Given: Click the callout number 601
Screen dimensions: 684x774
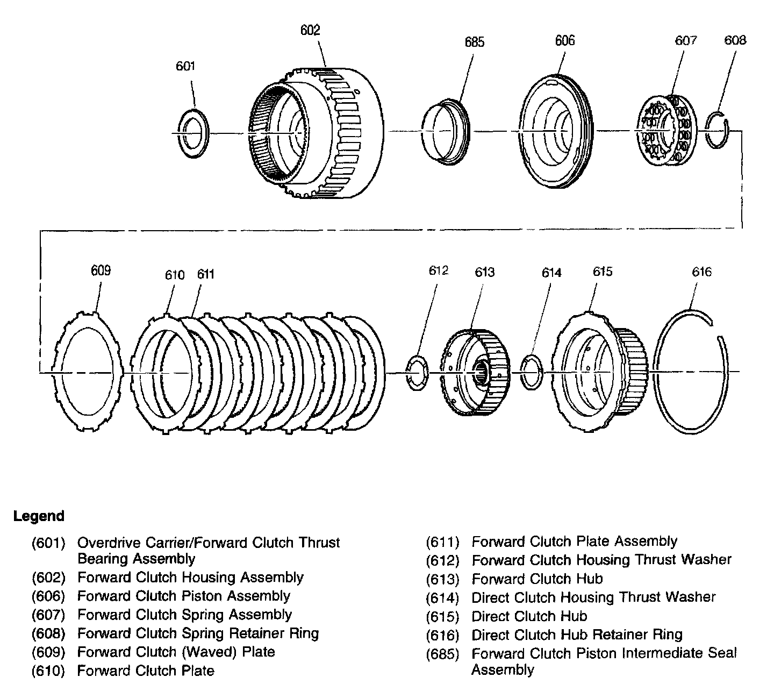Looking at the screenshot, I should pyautogui.click(x=185, y=66).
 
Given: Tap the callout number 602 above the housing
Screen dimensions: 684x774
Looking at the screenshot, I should pyautogui.click(x=310, y=30).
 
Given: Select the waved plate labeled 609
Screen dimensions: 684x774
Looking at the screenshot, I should pyautogui.click(x=89, y=372).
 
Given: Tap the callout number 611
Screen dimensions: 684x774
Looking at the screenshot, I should pyautogui.click(x=205, y=274).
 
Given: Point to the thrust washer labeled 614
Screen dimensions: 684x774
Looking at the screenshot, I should pyautogui.click(x=532, y=372).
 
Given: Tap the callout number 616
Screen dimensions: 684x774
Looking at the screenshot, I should pyautogui.click(x=701, y=272).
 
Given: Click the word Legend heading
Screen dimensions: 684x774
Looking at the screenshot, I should pyautogui.click(x=39, y=516).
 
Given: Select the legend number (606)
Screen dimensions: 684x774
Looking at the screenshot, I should pyautogui.click(x=48, y=596).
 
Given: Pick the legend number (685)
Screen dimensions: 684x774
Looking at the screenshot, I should pyautogui.click(x=442, y=654).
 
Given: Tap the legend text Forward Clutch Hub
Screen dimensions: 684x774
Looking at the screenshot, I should pyautogui.click(x=537, y=579).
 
